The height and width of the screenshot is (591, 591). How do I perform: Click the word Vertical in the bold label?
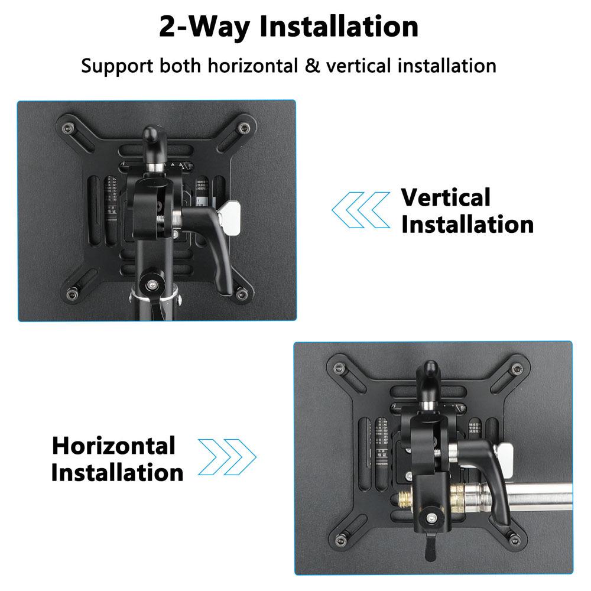pyautogui.click(x=446, y=197)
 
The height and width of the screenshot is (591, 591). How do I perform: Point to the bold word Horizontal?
pyautogui.click(x=113, y=445)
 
